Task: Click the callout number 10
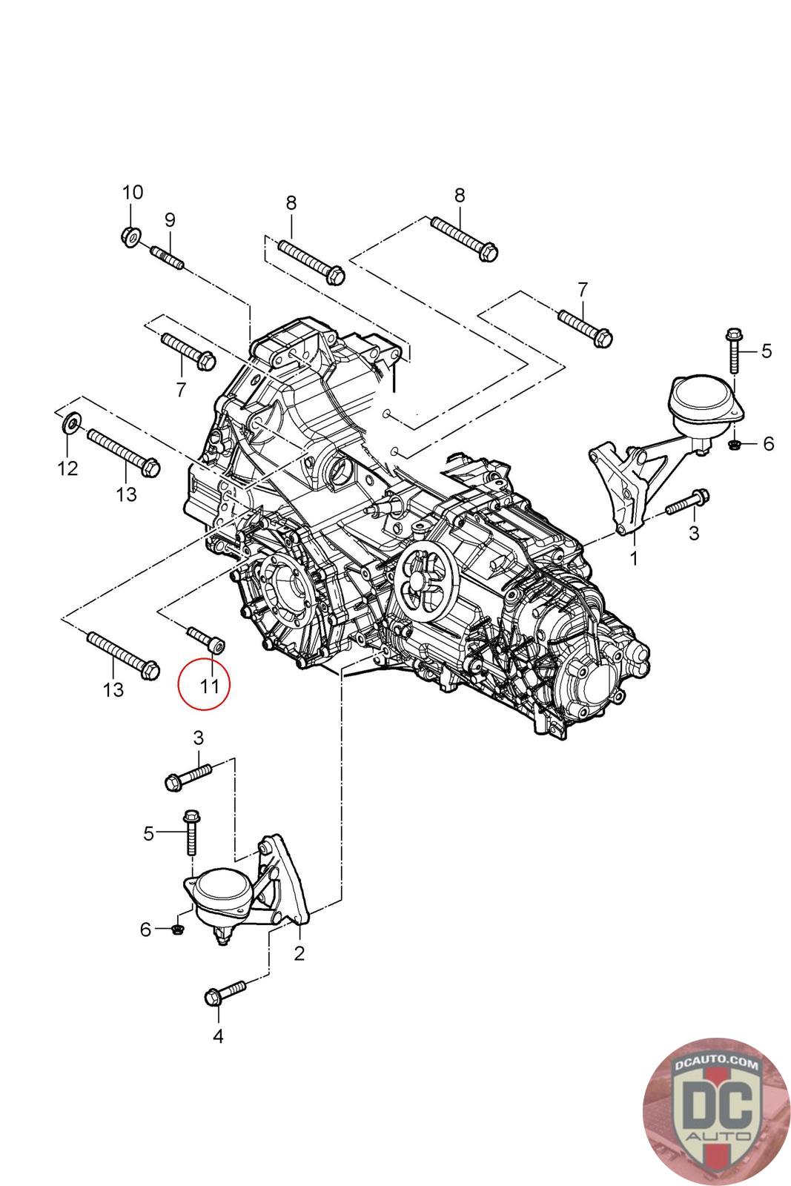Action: click(133, 192)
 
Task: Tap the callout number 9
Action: click(170, 219)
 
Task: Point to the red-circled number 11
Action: click(208, 686)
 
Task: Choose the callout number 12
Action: click(67, 468)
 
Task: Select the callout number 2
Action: click(299, 953)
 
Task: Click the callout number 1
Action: click(634, 558)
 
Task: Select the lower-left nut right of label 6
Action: click(178, 929)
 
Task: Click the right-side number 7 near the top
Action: click(583, 290)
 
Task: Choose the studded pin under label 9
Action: click(168, 258)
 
